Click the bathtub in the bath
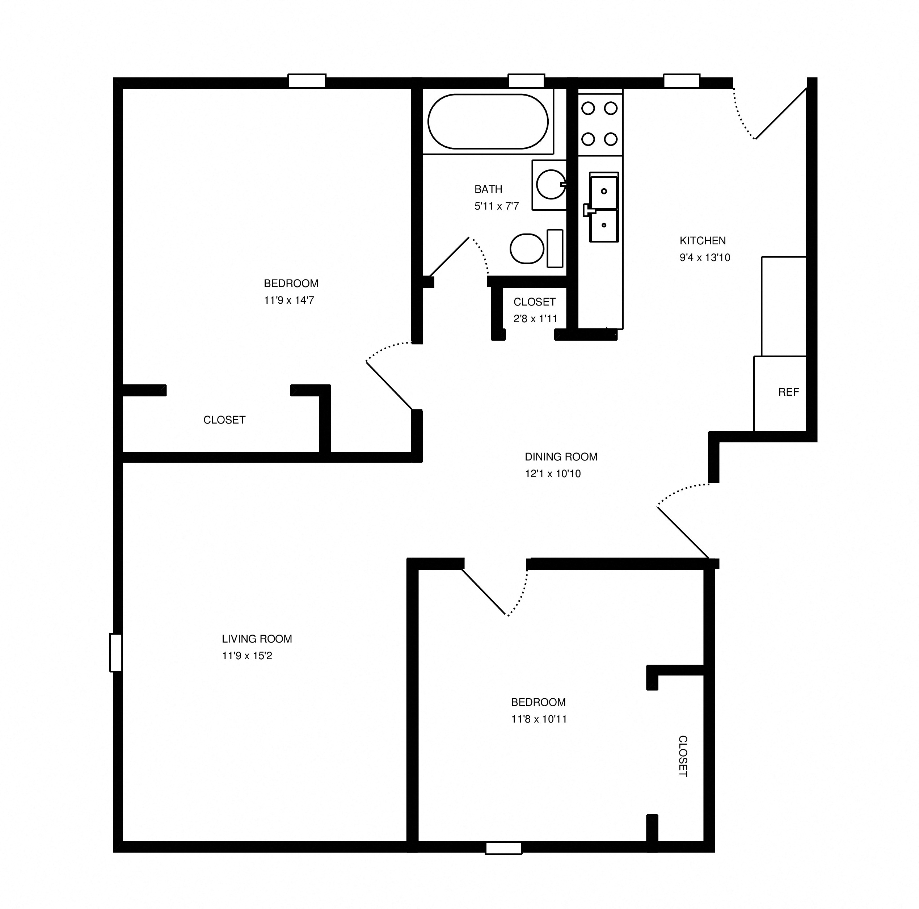click(x=488, y=122)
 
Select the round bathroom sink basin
click(x=551, y=184)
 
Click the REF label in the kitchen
click(x=788, y=392)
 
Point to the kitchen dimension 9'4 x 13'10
click(x=704, y=258)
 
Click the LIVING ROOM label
click(x=257, y=639)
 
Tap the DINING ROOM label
click(x=561, y=456)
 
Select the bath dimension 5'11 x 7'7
click(x=496, y=206)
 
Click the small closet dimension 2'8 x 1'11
click(x=535, y=319)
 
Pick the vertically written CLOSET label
click(x=682, y=756)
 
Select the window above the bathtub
click(x=526, y=81)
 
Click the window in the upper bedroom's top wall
click(x=307, y=81)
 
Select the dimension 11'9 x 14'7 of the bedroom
click(x=289, y=300)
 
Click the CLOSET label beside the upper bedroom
click(x=224, y=420)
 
